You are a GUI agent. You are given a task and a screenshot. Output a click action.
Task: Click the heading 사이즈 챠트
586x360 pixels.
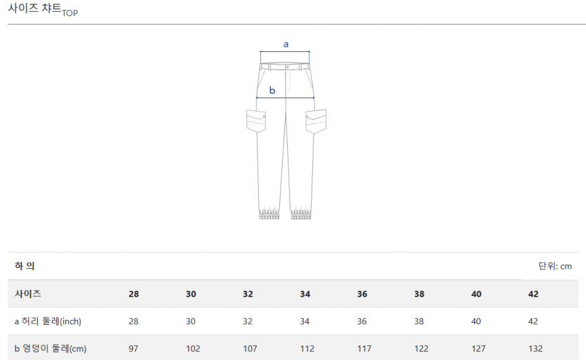pos(35,8)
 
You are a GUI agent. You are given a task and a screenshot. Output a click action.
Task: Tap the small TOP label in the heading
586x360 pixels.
pos(70,13)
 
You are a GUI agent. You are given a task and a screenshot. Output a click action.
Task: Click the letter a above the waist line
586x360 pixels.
pos(286,44)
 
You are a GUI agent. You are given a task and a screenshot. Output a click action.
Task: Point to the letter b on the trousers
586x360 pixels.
pos(272,90)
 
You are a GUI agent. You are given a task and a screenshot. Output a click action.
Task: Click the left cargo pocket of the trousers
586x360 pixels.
pos(256,121)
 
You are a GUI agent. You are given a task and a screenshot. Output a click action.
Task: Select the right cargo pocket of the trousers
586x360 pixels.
pos(316,121)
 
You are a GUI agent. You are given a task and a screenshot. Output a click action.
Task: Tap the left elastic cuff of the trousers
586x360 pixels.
pos(269,214)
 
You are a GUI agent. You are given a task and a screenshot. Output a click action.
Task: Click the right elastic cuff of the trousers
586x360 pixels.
pos(301,214)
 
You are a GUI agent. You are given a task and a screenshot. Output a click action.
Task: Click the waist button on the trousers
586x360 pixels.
pos(287,67)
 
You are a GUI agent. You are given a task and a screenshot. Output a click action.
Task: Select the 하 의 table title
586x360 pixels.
pos(25,266)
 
